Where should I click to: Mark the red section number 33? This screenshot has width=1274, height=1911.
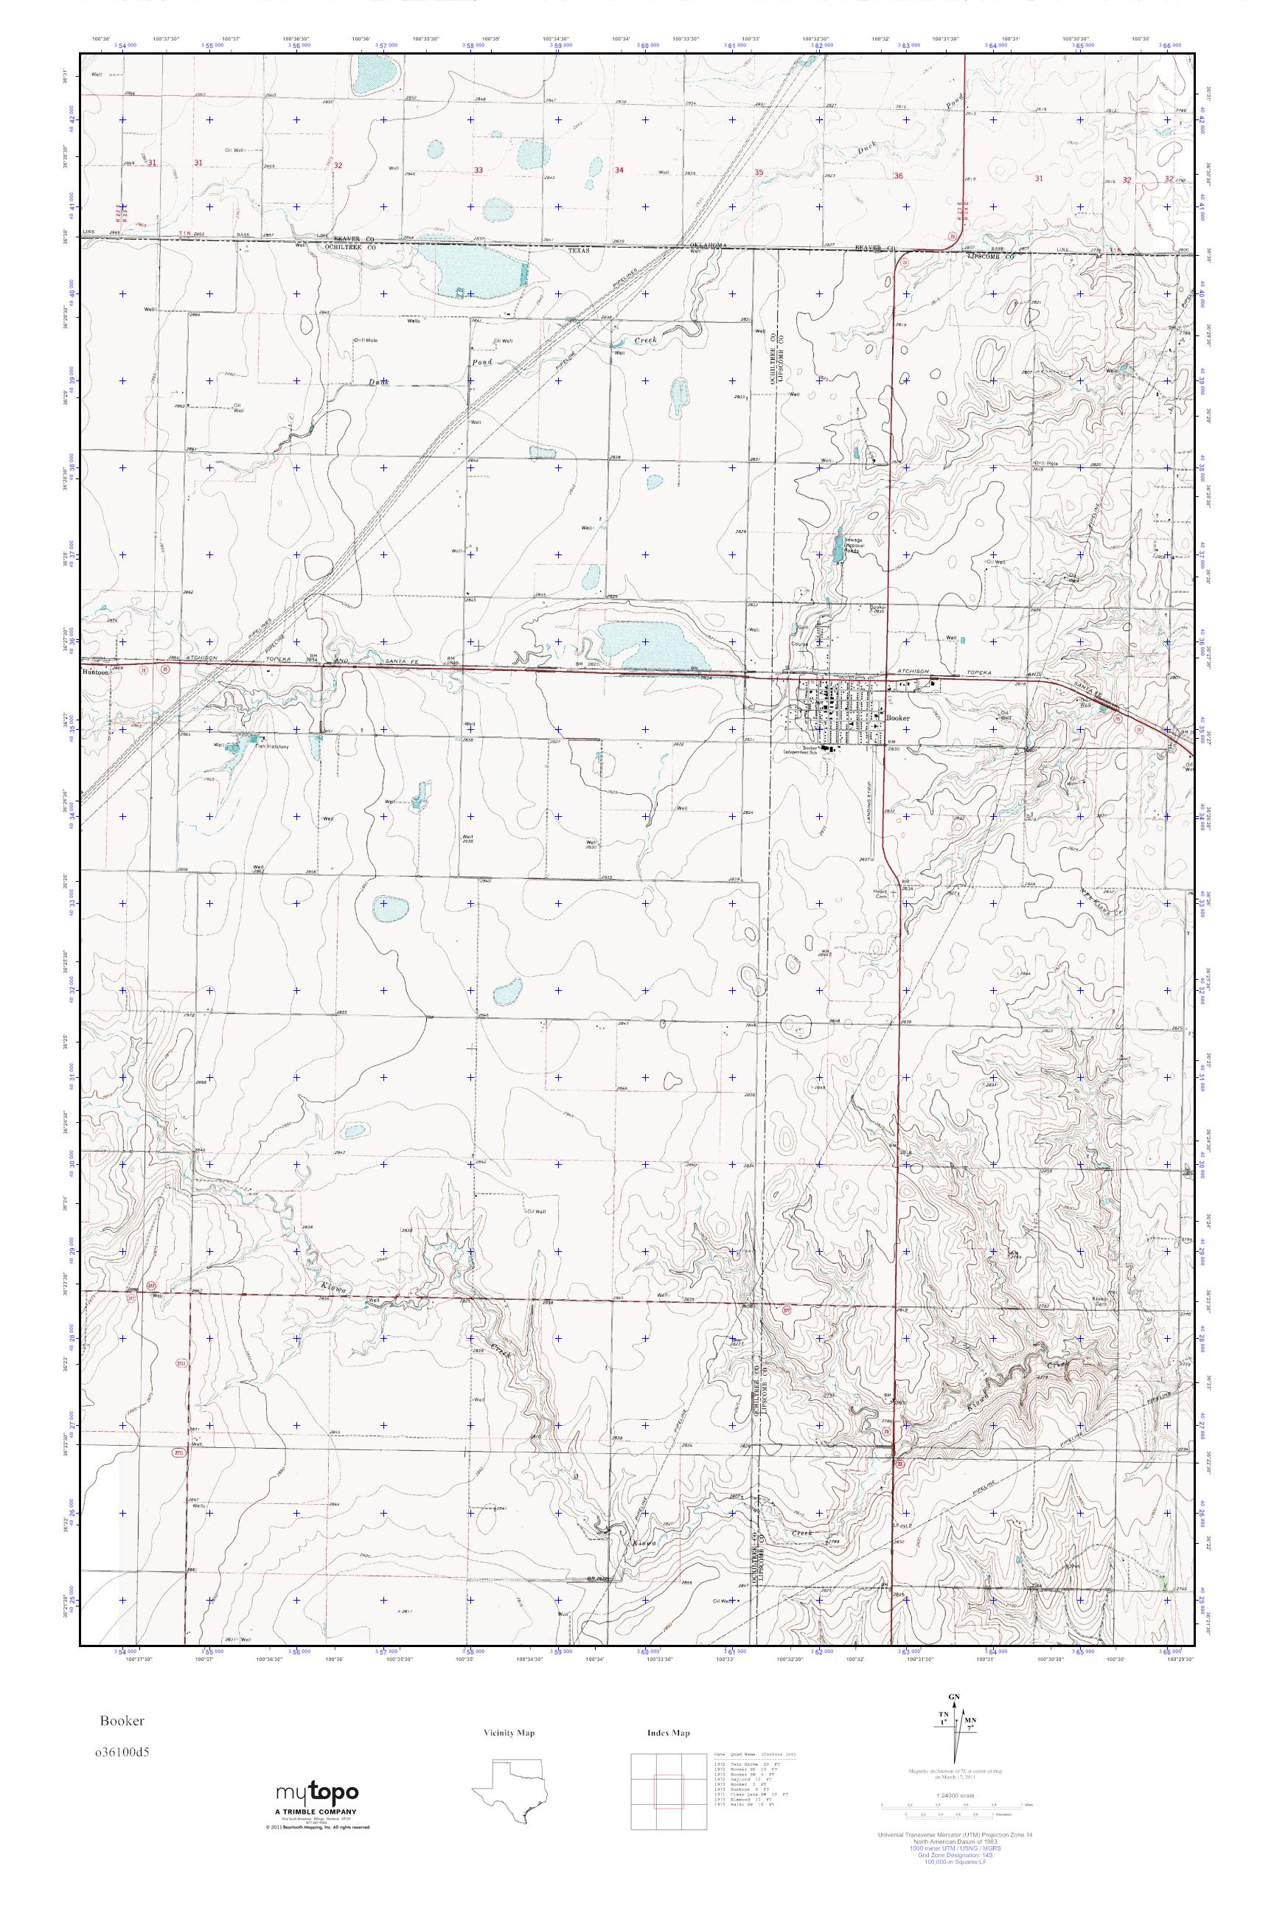[478, 170]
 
